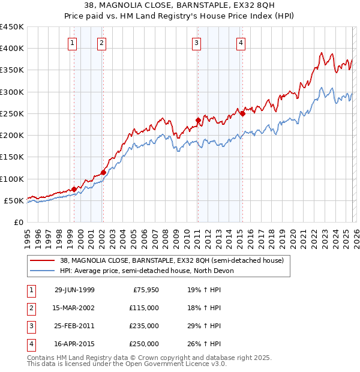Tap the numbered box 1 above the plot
click(73, 42)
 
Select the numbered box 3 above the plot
click(196, 42)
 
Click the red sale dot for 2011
click(198, 120)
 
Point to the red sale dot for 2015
click(242, 113)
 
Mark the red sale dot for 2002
click(103, 172)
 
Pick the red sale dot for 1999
click(74, 189)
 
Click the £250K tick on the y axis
click(12, 113)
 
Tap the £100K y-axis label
click(12, 179)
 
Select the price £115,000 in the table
click(145, 308)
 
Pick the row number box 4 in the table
click(30, 344)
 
